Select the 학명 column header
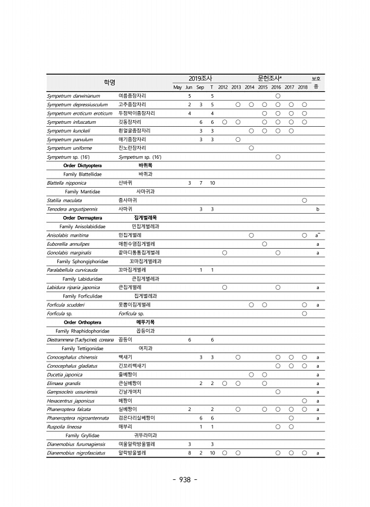109,82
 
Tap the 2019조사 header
198,78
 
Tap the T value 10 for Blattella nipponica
212,182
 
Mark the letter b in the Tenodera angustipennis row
317,208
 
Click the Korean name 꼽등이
125,340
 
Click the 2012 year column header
223,88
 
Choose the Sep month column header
201,88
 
